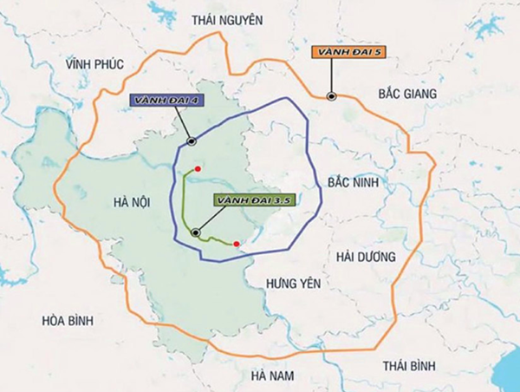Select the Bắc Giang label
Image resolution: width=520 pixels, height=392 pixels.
[403, 93]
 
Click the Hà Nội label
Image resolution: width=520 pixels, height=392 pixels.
[133, 202]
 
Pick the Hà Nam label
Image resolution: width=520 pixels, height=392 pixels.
[273, 376]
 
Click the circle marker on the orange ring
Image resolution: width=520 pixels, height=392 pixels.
[331, 97]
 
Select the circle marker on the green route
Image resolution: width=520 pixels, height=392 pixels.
[197, 232]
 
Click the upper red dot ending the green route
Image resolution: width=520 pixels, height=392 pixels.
[198, 169]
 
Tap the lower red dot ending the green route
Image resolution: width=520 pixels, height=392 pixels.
[237, 244]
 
